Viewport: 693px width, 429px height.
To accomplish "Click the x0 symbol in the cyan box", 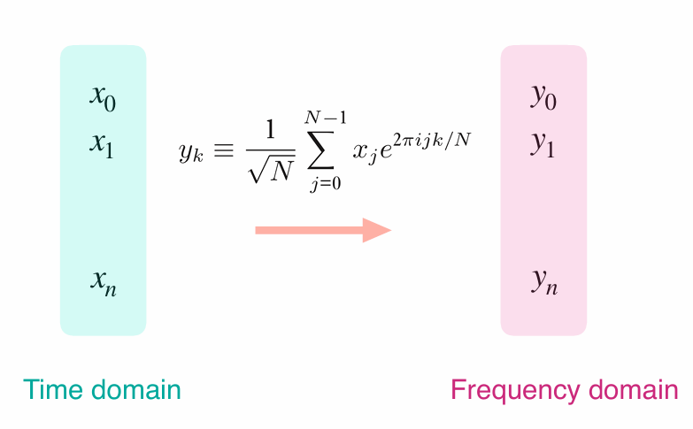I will (x=103, y=97).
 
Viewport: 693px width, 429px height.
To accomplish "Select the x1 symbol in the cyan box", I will (x=103, y=144).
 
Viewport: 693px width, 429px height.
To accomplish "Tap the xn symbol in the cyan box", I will (x=104, y=282).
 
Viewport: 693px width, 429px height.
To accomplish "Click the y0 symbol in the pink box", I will (x=543, y=97).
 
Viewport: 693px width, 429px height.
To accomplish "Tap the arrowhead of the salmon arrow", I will (x=376, y=230).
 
